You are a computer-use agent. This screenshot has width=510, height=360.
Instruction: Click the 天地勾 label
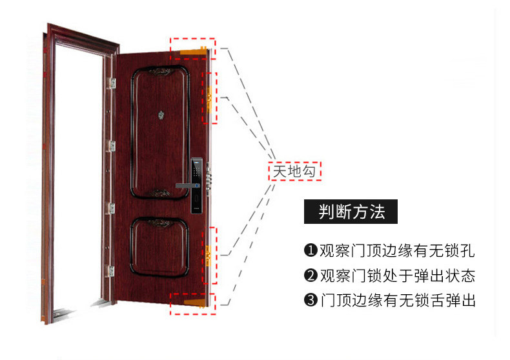294,171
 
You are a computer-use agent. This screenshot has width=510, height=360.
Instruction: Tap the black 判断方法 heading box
351,212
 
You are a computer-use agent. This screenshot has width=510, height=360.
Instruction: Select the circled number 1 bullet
311,250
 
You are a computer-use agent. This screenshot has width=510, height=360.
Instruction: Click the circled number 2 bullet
311,276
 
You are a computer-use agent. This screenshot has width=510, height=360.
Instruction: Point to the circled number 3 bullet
311,301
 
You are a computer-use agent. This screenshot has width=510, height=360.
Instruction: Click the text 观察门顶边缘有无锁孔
396,250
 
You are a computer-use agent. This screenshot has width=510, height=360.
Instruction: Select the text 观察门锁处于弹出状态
396,276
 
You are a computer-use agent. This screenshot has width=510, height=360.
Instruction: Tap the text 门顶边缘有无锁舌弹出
396,301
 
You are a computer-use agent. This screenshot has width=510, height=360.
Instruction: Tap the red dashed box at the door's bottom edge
192,302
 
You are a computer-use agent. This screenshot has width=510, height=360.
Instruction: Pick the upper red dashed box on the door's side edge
211,97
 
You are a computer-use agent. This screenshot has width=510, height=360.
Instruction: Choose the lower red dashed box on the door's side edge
210,255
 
